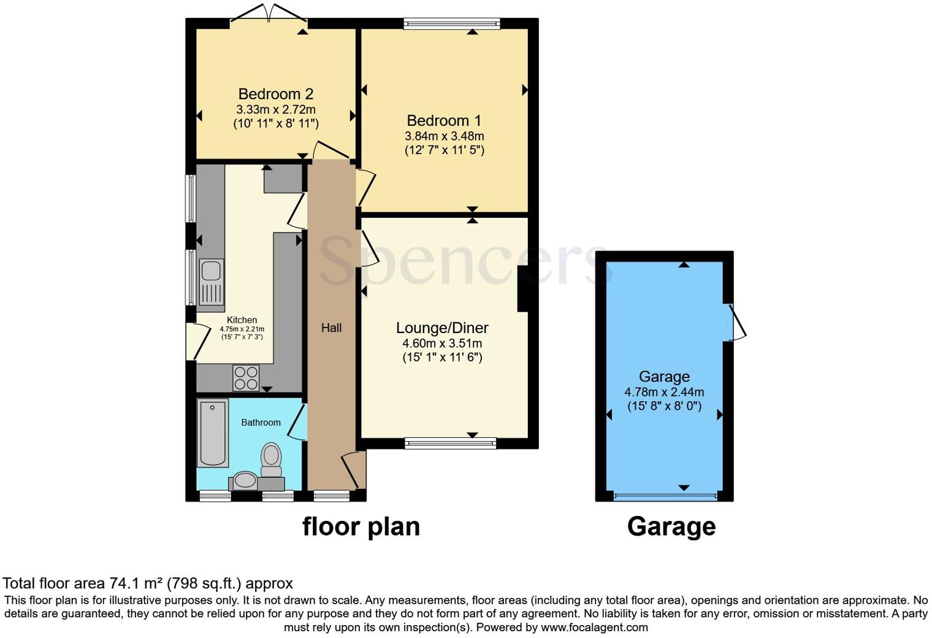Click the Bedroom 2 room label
[x=275, y=94]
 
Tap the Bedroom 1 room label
[x=444, y=121]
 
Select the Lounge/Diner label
[x=442, y=328]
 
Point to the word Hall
[x=331, y=328]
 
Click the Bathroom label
[x=261, y=423]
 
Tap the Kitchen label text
[x=242, y=320]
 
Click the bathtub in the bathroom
[x=213, y=432]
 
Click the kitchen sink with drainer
[x=211, y=282]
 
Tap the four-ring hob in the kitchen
[x=246, y=377]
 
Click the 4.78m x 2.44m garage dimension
[x=664, y=392]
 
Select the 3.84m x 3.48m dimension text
[x=444, y=136]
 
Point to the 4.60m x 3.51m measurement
[x=442, y=344]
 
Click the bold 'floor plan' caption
[x=361, y=527]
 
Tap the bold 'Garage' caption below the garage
[x=671, y=527]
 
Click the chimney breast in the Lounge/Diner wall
[x=523, y=288]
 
